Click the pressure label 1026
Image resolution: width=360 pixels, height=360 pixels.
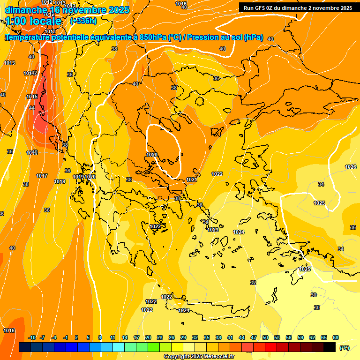[x=350, y=167]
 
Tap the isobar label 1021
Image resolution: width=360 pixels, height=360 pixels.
[x=191, y=180]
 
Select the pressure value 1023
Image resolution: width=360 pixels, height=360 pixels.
[x=213, y=230]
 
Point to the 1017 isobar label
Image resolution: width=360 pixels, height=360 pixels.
[x=42, y=176]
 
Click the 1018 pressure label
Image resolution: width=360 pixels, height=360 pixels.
[x=60, y=181]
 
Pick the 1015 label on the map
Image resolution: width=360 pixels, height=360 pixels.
[x=32, y=97]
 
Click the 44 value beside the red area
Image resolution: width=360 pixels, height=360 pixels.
[x=31, y=108]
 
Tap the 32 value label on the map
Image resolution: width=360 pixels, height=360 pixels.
[x=253, y=283]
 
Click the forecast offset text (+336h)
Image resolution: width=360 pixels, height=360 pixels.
[x=83, y=21]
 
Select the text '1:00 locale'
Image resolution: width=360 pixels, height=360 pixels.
[x=34, y=21]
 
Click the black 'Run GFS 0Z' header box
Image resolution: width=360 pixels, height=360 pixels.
[x=298, y=7]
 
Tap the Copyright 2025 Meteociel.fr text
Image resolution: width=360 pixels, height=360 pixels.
[x=199, y=357]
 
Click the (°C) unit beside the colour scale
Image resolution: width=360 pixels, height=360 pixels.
[x=344, y=348]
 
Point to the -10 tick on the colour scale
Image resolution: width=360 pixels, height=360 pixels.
[x=32, y=337]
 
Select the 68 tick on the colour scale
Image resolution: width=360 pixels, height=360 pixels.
[x=335, y=337]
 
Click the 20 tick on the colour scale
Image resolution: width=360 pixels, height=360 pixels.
[x=148, y=337]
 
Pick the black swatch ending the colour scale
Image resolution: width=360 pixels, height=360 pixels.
[x=330, y=347]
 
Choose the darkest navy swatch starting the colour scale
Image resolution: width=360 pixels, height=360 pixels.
[x=25, y=347]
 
